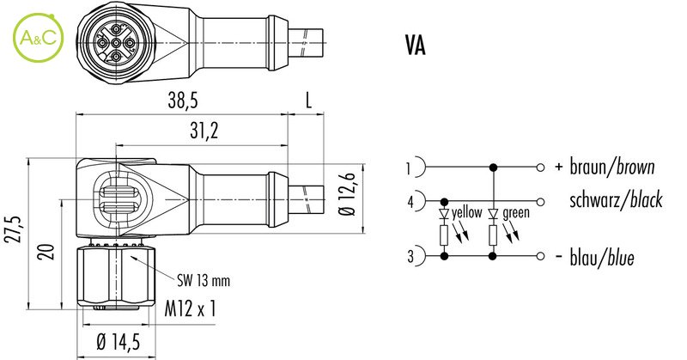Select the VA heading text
point(415,46)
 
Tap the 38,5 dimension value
point(183,101)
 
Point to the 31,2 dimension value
point(204,131)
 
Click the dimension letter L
point(308,101)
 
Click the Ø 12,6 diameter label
point(348,195)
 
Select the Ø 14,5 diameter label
point(119,341)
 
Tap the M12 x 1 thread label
point(190,308)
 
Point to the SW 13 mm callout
point(204,280)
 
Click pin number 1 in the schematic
point(408,168)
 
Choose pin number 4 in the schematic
point(410,202)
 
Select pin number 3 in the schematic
point(410,256)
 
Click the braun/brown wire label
point(612,167)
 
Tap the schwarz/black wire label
point(616,200)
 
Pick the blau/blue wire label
point(602,258)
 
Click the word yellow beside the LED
point(467,213)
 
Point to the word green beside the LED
point(516,214)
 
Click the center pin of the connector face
point(116,43)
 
